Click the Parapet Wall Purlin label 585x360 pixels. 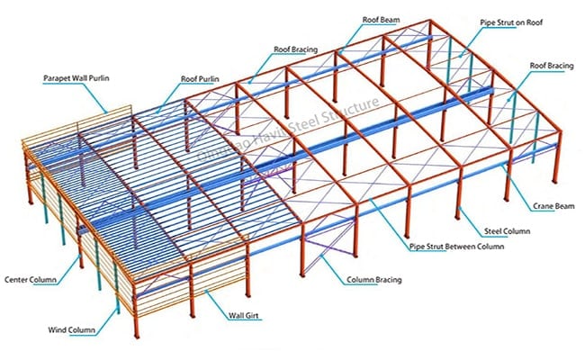(x=76, y=78)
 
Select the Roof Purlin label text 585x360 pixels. (x=200, y=79)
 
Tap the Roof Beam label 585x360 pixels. (x=381, y=20)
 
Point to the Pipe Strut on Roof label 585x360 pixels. (x=511, y=22)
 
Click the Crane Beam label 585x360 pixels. (x=553, y=206)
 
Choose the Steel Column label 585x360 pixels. (x=507, y=231)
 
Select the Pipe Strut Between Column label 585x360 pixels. (x=456, y=247)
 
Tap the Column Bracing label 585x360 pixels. (x=374, y=280)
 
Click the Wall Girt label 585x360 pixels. (x=244, y=316)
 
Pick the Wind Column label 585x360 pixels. (x=71, y=329)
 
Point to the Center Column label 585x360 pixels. (x=31, y=279)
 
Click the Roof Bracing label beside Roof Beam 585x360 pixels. (x=296, y=49)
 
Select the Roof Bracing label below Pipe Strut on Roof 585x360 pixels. (x=552, y=66)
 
